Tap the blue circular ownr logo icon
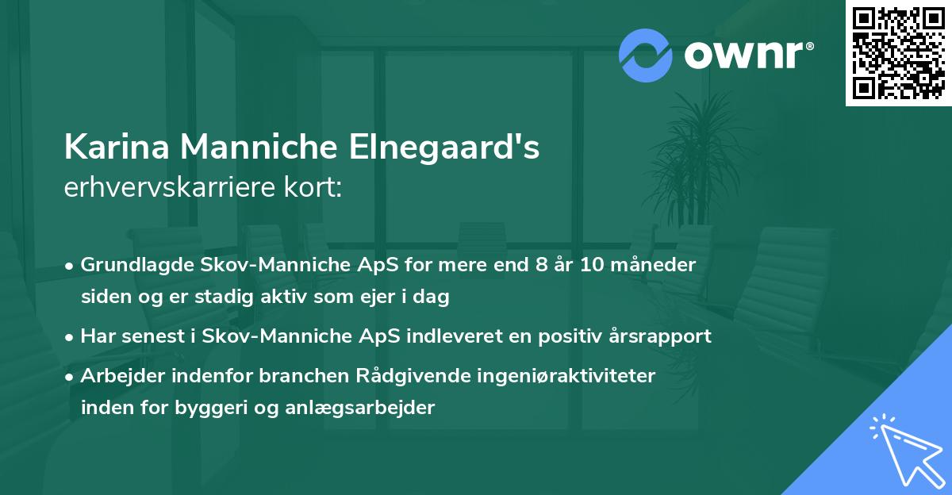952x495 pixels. tap(646, 55)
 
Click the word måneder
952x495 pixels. tap(659, 265)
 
